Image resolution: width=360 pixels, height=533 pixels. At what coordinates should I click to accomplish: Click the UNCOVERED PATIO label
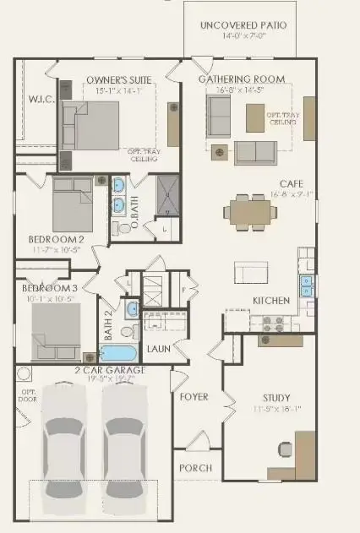coord(243,25)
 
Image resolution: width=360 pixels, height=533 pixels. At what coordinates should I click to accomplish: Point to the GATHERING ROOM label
coord(241,79)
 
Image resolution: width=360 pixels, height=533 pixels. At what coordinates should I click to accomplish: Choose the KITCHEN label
coord(271,300)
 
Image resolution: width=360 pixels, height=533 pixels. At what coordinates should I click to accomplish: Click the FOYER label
coord(194,396)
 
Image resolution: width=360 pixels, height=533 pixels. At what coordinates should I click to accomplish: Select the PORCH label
coord(194,468)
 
